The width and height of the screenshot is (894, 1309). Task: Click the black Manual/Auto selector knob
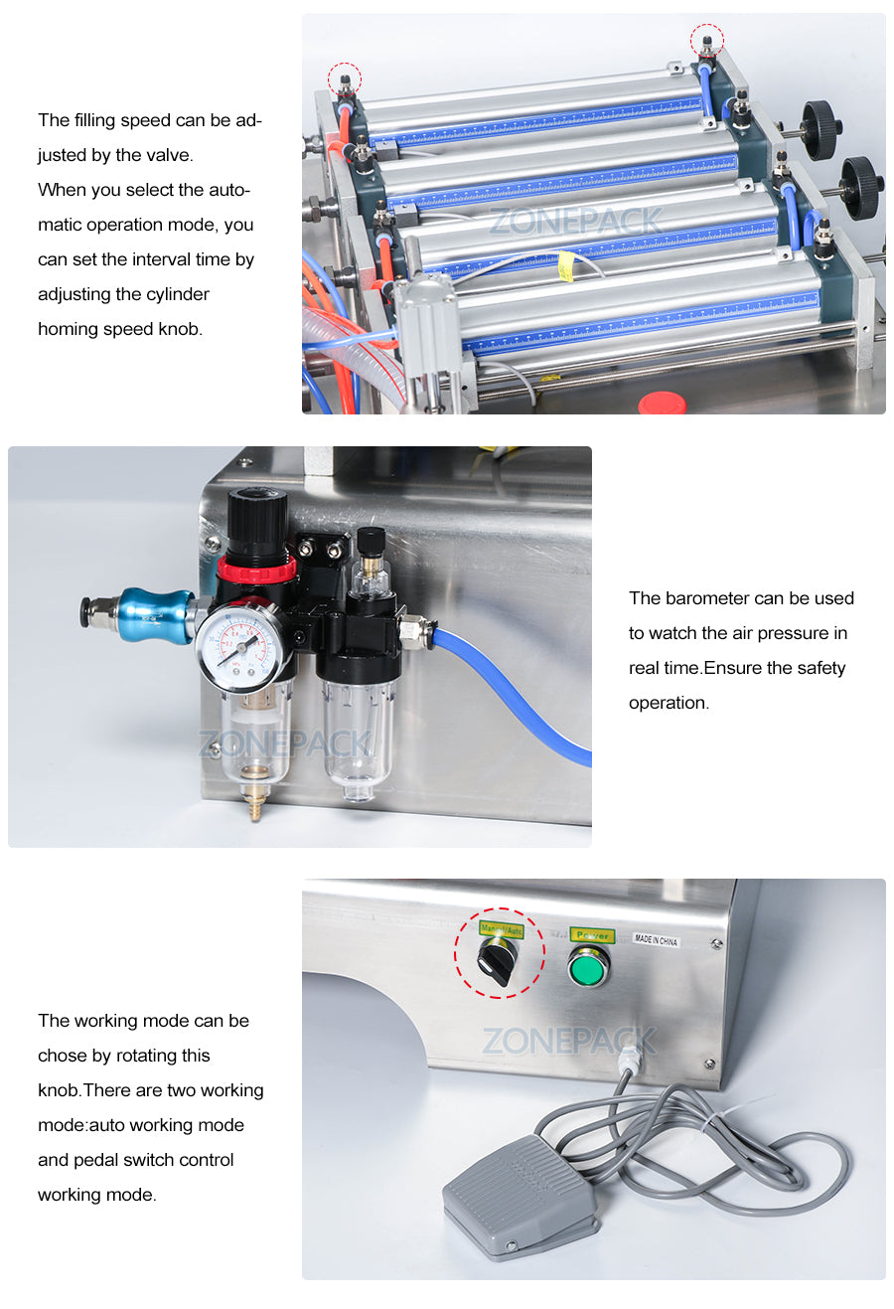tap(497, 961)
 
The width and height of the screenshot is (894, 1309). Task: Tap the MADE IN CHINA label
tap(657, 939)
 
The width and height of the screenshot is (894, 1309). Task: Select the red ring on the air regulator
tap(257, 570)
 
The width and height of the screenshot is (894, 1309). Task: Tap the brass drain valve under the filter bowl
tap(255, 803)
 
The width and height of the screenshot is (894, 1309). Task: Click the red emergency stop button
tap(662, 403)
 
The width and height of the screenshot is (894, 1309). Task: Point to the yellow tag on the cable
tap(566, 264)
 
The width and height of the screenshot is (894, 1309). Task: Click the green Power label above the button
tap(592, 935)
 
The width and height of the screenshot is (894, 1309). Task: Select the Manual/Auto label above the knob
tap(502, 930)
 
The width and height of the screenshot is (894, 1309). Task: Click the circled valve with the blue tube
tap(707, 43)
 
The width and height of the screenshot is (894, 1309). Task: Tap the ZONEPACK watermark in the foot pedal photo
tap(569, 1041)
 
